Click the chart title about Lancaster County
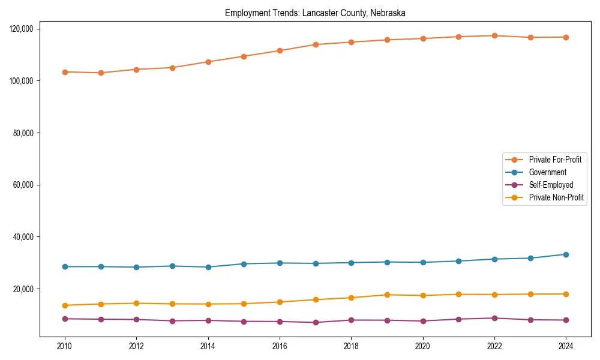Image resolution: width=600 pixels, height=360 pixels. click(x=315, y=13)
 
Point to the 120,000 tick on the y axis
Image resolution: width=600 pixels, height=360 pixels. click(x=23, y=29)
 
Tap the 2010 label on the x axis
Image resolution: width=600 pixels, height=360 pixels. click(x=65, y=346)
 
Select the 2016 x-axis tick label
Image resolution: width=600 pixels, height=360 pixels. click(x=280, y=346)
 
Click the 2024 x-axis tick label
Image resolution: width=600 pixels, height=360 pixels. click(x=566, y=346)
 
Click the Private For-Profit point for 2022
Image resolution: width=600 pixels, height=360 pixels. click(x=494, y=35)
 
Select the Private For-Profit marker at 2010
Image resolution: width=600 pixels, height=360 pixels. click(x=65, y=72)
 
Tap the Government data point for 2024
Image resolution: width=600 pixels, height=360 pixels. click(x=566, y=254)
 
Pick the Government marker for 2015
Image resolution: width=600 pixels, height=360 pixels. click(x=244, y=263)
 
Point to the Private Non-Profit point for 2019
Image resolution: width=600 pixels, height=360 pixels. click(x=387, y=295)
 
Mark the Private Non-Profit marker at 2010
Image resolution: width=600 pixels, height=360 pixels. click(x=65, y=305)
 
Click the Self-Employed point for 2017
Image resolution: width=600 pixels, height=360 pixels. click(x=316, y=322)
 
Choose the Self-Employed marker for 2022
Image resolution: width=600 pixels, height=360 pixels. click(x=494, y=318)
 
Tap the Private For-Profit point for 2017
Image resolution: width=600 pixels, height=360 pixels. click(x=316, y=44)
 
